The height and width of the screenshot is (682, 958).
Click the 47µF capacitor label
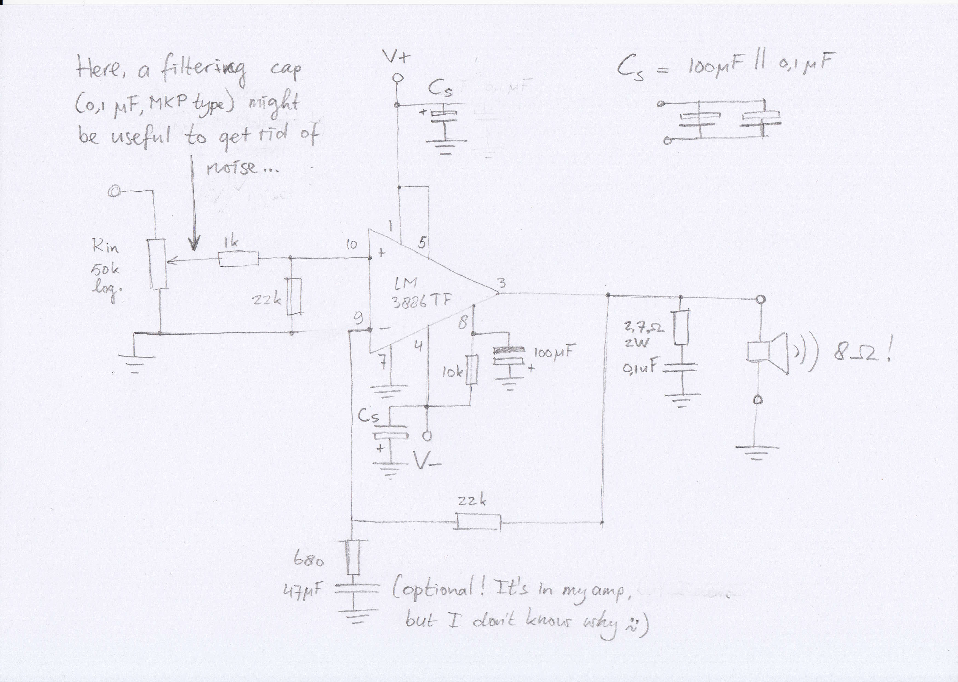(x=303, y=593)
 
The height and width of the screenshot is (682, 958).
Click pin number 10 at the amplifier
(x=351, y=245)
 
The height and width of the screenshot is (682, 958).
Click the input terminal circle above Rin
(x=113, y=192)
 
